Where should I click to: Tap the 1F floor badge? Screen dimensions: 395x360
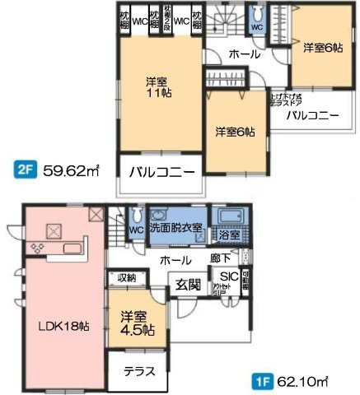262,382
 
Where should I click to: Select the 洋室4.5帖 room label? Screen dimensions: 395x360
136,323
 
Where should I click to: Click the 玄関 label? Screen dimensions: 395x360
189,286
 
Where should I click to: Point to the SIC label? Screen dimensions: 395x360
230,277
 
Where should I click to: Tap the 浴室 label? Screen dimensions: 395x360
230,235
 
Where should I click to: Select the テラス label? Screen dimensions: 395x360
139,371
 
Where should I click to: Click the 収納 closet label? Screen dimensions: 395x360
126,278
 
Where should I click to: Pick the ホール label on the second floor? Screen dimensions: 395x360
245,54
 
